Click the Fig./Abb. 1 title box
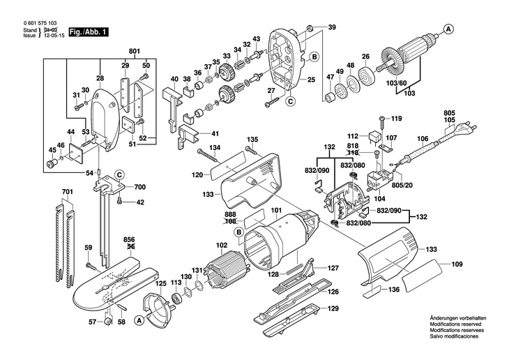89,32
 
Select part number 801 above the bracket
134,52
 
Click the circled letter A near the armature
448,29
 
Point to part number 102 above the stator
222,246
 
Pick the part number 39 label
332,27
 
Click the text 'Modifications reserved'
455,324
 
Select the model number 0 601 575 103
40,23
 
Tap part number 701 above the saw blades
67,192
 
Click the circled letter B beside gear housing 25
314,57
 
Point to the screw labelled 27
272,102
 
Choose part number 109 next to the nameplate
457,264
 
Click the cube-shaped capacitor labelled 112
374,137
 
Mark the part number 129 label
333,308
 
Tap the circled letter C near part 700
119,175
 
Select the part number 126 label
333,292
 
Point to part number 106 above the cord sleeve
423,139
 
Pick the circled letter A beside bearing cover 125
139,320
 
